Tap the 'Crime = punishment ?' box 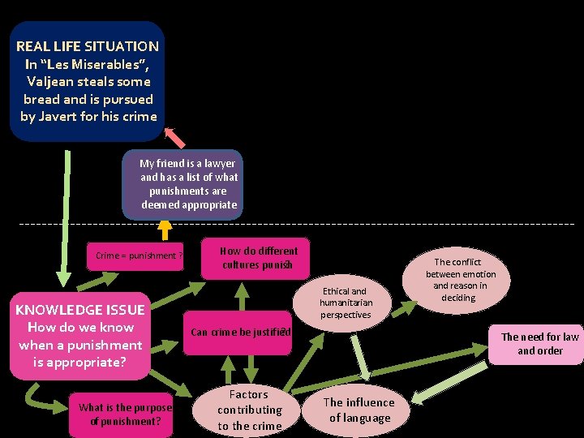[x=138, y=255]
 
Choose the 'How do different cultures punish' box [x=258, y=258]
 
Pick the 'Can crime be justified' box [x=240, y=331]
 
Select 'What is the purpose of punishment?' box [x=126, y=414]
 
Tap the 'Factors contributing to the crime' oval [x=250, y=410]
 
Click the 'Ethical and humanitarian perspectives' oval [x=346, y=303]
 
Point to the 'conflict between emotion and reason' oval [x=461, y=279]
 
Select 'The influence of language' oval [x=359, y=410]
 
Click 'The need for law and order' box [x=539, y=343]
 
